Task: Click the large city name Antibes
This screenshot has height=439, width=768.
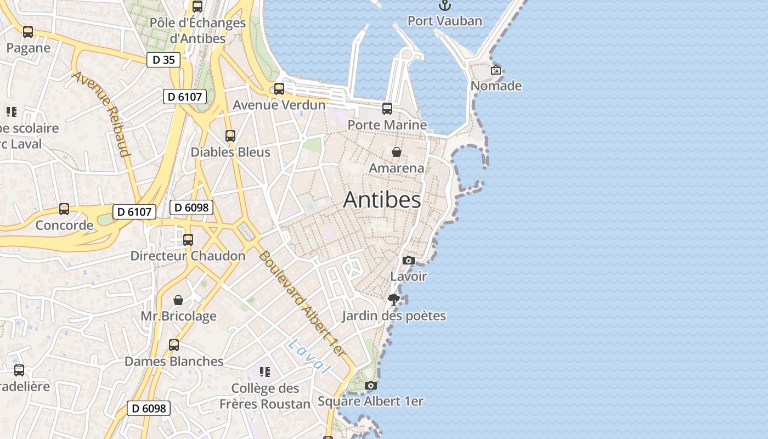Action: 382,200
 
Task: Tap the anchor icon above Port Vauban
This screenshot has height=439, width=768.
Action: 445,5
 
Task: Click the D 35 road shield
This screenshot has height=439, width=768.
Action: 163,60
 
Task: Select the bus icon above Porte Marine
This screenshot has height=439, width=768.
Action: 387,109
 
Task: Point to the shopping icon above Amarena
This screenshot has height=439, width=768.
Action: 396,152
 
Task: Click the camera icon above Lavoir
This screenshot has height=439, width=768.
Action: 408,261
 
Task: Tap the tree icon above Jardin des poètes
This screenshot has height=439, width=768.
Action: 393,300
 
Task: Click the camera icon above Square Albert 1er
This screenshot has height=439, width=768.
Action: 371,386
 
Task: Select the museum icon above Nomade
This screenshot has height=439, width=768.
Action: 496,70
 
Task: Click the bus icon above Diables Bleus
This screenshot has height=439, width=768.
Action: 230,136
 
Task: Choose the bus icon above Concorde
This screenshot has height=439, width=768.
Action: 64,209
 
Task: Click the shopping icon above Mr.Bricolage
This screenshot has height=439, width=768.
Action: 178,300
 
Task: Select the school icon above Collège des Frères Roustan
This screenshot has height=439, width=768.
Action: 265,372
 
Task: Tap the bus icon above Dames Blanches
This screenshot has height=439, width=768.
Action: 174,345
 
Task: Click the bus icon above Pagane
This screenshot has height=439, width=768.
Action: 28,32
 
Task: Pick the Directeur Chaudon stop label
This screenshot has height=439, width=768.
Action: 188,256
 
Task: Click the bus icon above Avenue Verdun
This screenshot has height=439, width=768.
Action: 279,88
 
